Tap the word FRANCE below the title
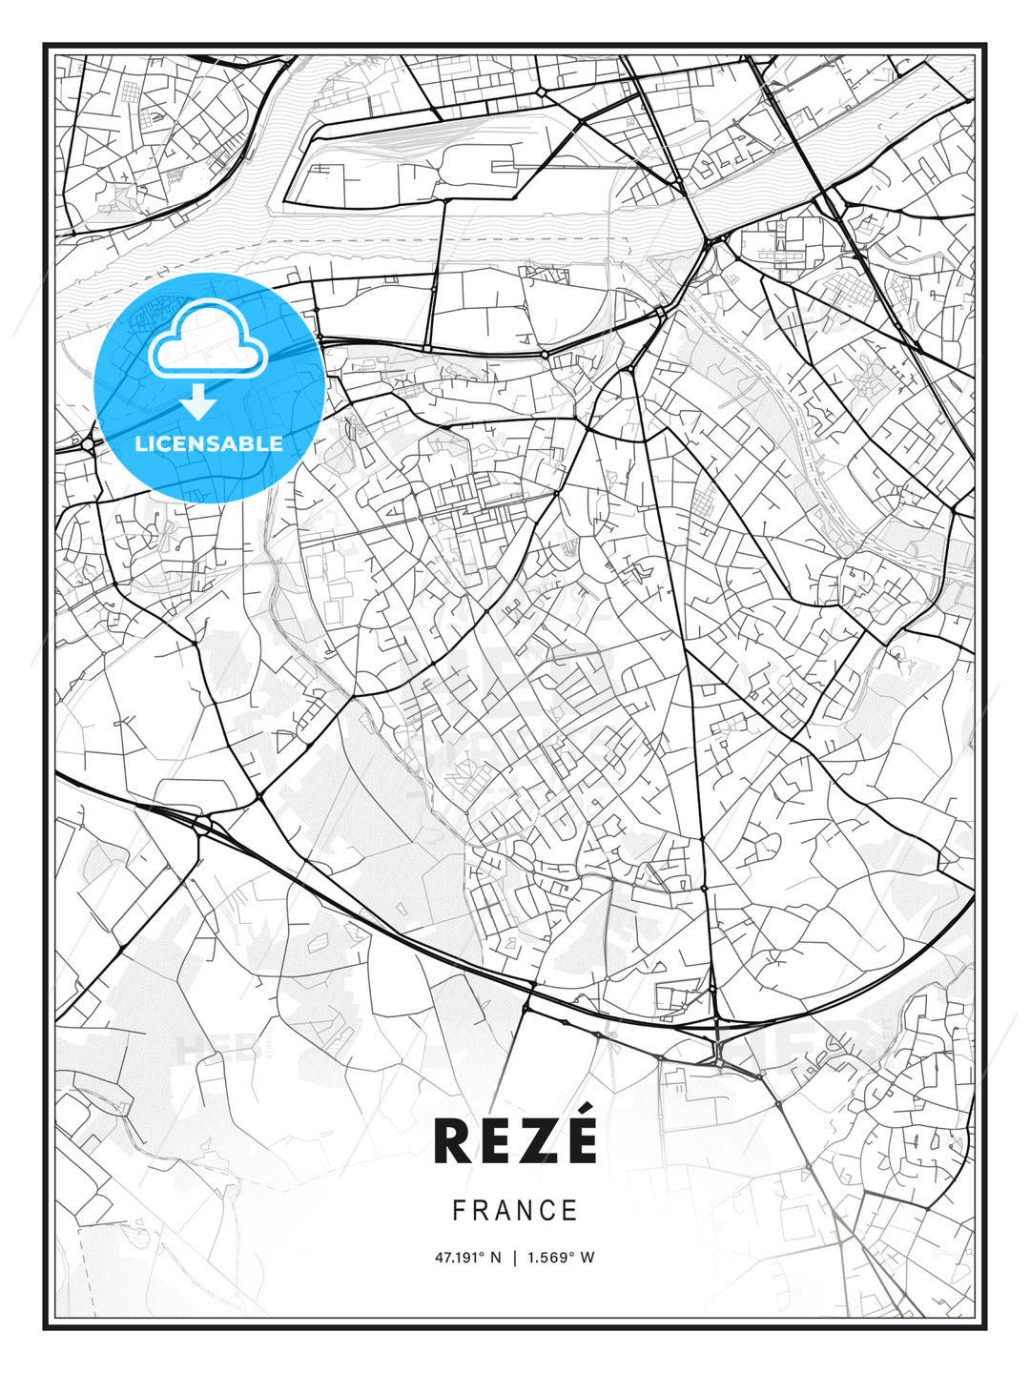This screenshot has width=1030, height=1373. click(515, 1211)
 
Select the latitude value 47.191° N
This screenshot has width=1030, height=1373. click(467, 1258)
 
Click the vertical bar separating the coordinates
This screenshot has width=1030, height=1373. click(515, 1258)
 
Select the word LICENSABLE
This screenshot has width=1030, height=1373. click(209, 444)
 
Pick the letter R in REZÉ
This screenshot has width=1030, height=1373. click(452, 1141)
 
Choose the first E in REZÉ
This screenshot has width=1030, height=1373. click(496, 1141)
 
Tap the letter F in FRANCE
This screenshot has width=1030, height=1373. click(459, 1211)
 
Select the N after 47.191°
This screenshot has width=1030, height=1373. click(495, 1258)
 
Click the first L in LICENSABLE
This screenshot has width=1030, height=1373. click(141, 444)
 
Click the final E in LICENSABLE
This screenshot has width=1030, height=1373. click(277, 444)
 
